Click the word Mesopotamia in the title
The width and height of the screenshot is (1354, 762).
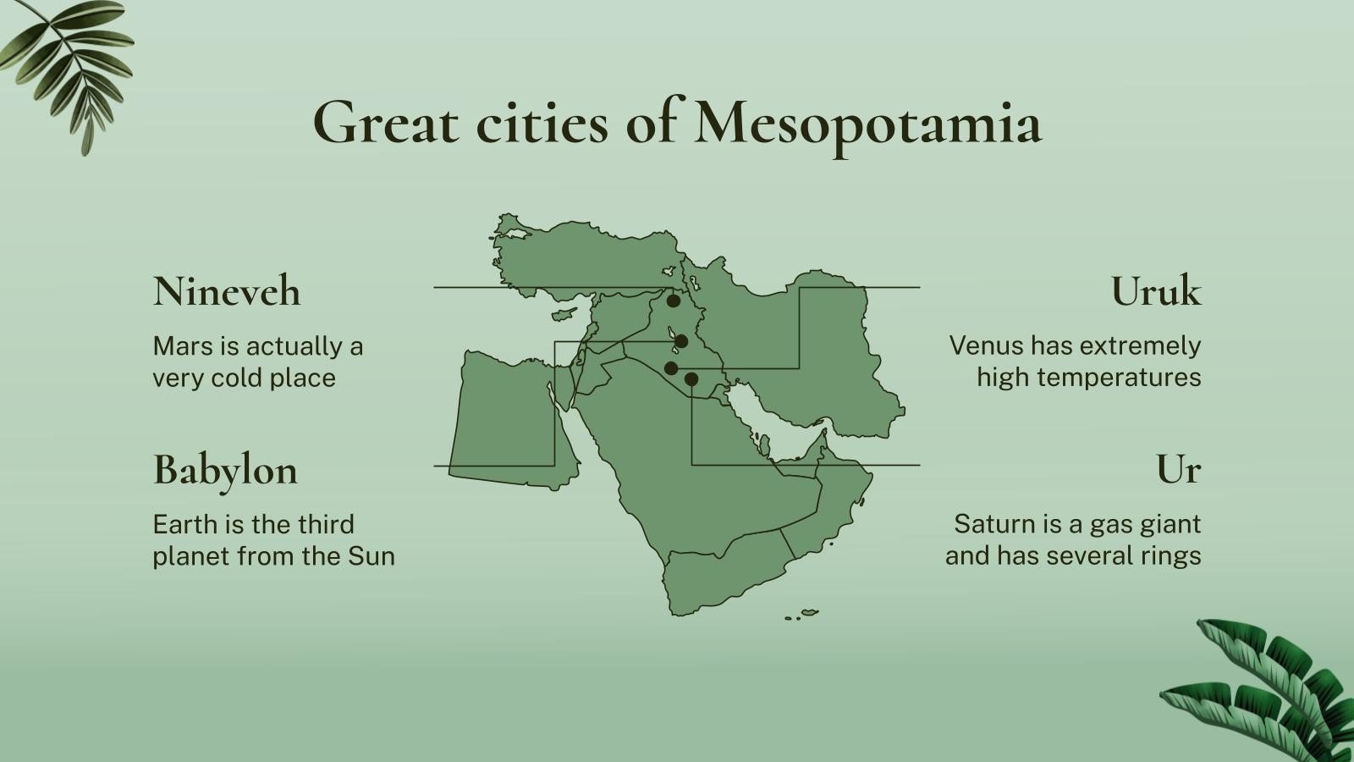[x=867, y=124]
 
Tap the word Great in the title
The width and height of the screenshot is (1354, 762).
[x=386, y=124]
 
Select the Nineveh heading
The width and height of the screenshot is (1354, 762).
[x=226, y=291]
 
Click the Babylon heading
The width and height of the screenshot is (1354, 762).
[x=225, y=470]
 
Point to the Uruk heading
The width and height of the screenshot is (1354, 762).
[x=1155, y=291]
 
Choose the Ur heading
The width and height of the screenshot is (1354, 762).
[x=1178, y=470]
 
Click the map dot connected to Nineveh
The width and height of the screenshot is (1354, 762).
[x=673, y=301]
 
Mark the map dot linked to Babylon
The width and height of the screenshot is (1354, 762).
[x=681, y=341]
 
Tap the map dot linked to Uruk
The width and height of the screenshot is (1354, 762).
[x=671, y=367]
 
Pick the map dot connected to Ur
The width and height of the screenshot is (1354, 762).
[x=691, y=379]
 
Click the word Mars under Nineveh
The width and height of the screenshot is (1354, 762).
[x=180, y=346]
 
